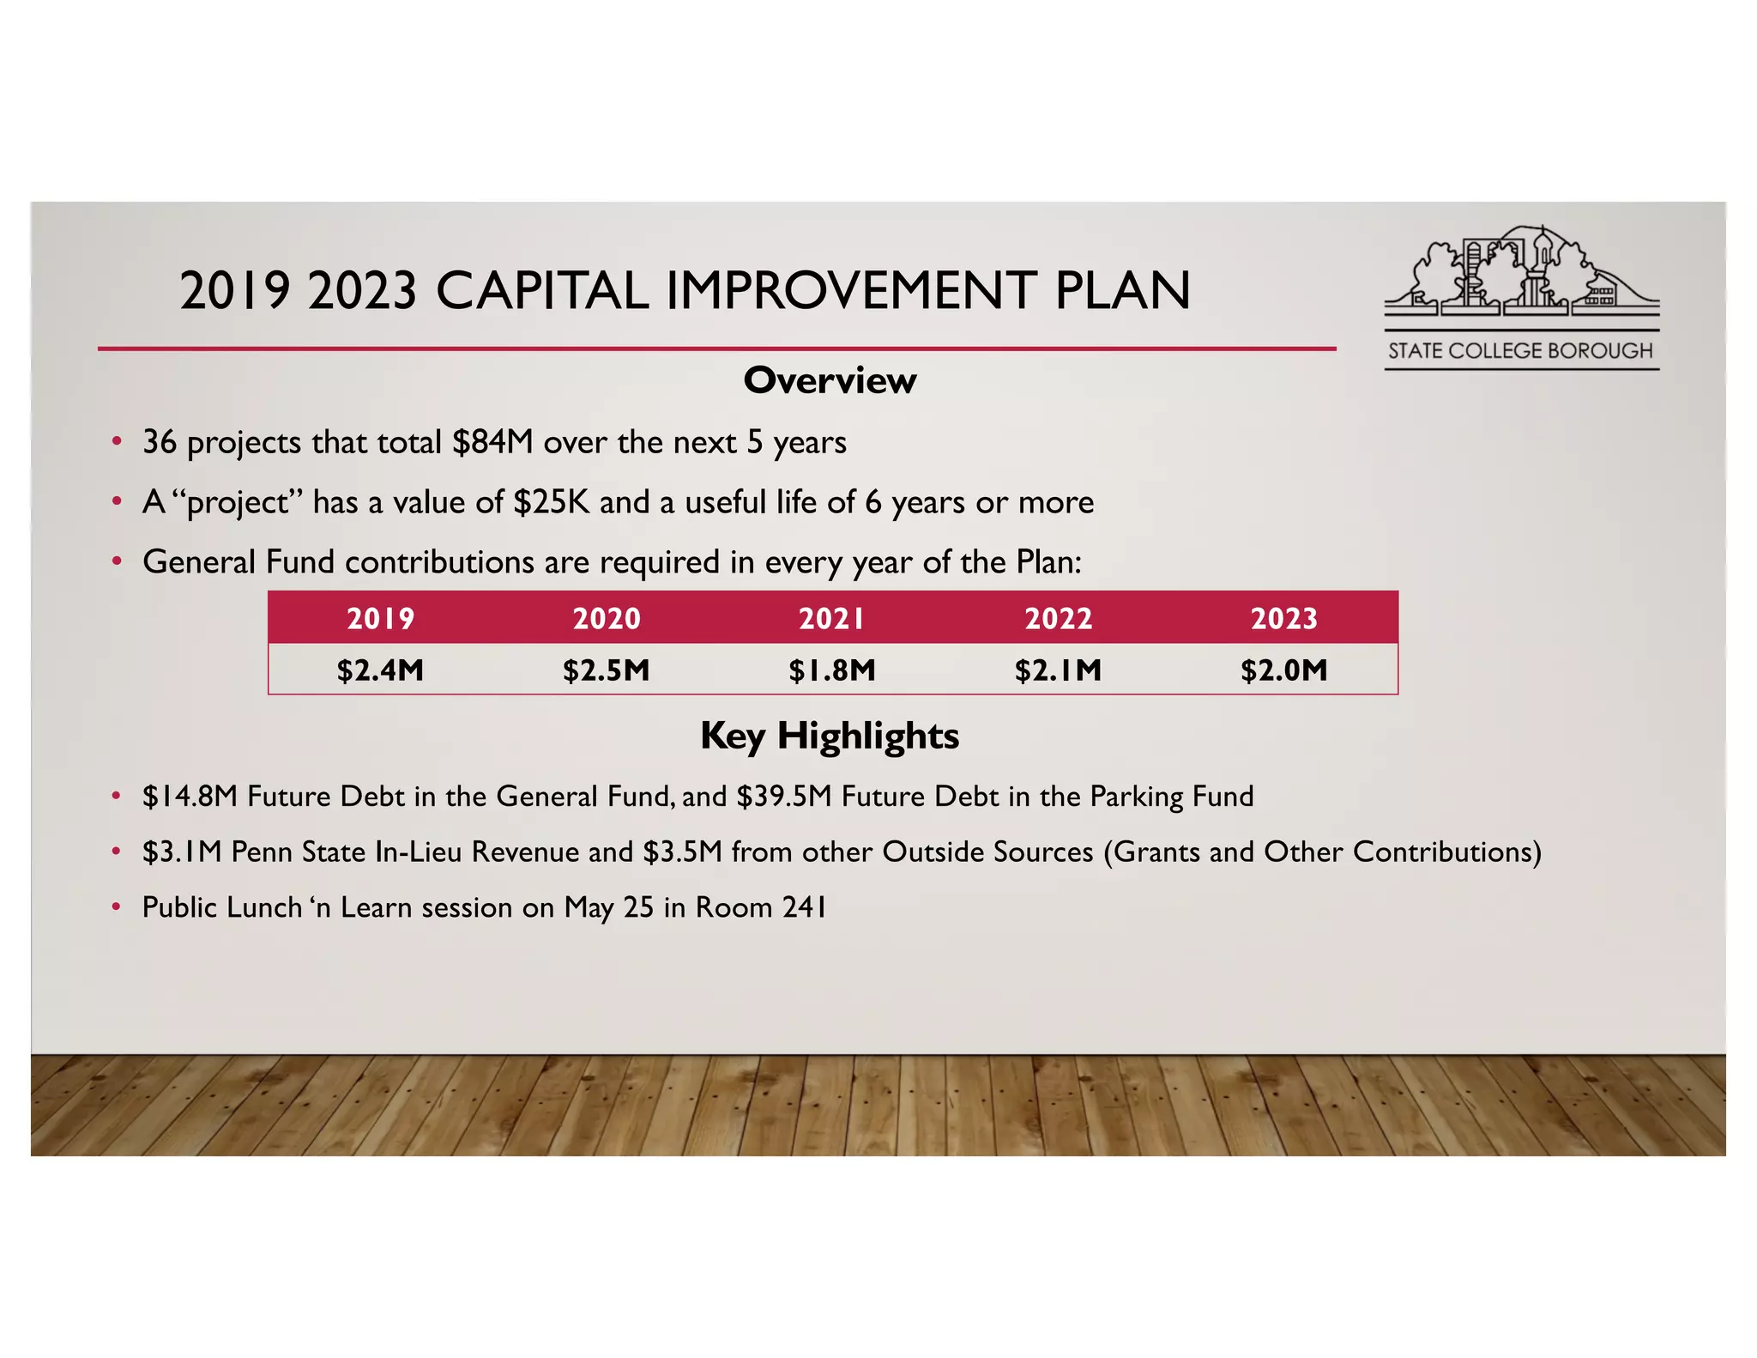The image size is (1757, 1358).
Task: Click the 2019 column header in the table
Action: pyautogui.click(x=380, y=618)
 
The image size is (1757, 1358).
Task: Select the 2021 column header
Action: pyautogui.click(x=832, y=618)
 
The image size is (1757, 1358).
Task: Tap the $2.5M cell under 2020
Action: pyautogui.click(x=606, y=670)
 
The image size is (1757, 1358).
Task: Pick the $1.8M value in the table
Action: pyautogui.click(x=832, y=670)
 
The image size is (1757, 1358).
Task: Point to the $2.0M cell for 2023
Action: pyautogui.click(x=1283, y=670)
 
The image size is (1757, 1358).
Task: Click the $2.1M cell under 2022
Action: pyautogui.click(x=1058, y=670)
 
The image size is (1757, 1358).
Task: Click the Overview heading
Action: pyautogui.click(x=830, y=380)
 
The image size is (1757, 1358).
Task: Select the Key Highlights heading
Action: pyautogui.click(x=830, y=736)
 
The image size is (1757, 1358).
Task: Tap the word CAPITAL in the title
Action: pyautogui.click(x=542, y=290)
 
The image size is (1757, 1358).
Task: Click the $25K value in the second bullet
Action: pyautogui.click(x=552, y=502)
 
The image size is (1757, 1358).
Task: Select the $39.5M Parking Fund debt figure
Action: pyautogui.click(x=784, y=797)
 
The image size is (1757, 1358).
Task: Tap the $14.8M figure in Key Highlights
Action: pyautogui.click(x=190, y=797)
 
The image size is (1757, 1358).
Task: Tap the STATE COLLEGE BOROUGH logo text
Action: pyautogui.click(x=1520, y=351)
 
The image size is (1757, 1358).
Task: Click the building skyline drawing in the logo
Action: pyautogui.click(x=1520, y=270)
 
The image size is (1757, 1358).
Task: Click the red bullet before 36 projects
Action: pyautogui.click(x=116, y=442)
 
